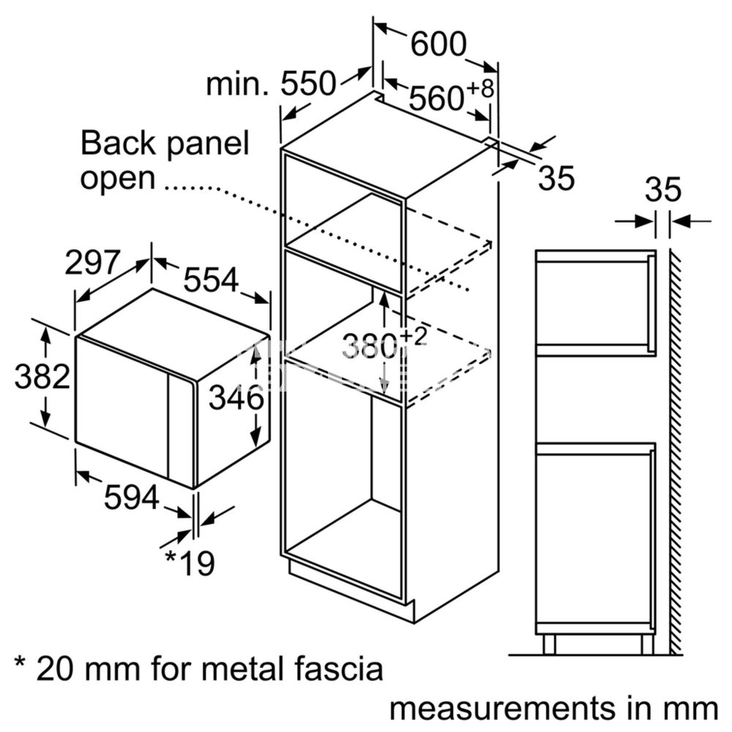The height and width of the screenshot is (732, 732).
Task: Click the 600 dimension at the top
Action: [438, 45]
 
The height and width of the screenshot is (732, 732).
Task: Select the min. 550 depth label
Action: [271, 84]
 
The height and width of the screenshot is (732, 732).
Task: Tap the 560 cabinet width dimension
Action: [436, 98]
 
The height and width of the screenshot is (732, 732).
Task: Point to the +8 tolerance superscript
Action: [479, 89]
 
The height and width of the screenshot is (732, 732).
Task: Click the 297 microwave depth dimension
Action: [92, 262]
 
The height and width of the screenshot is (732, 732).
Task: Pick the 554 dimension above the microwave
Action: [211, 280]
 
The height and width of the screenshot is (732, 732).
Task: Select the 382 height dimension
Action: [42, 376]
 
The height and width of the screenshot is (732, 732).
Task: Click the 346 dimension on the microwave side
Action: [236, 398]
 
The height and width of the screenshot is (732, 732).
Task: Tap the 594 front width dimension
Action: [132, 497]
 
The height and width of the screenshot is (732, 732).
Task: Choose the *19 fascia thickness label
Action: [190, 563]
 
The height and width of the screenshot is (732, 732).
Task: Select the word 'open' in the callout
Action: [118, 179]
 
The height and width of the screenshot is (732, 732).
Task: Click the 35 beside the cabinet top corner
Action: [556, 178]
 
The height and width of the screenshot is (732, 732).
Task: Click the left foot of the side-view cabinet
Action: [550, 644]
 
